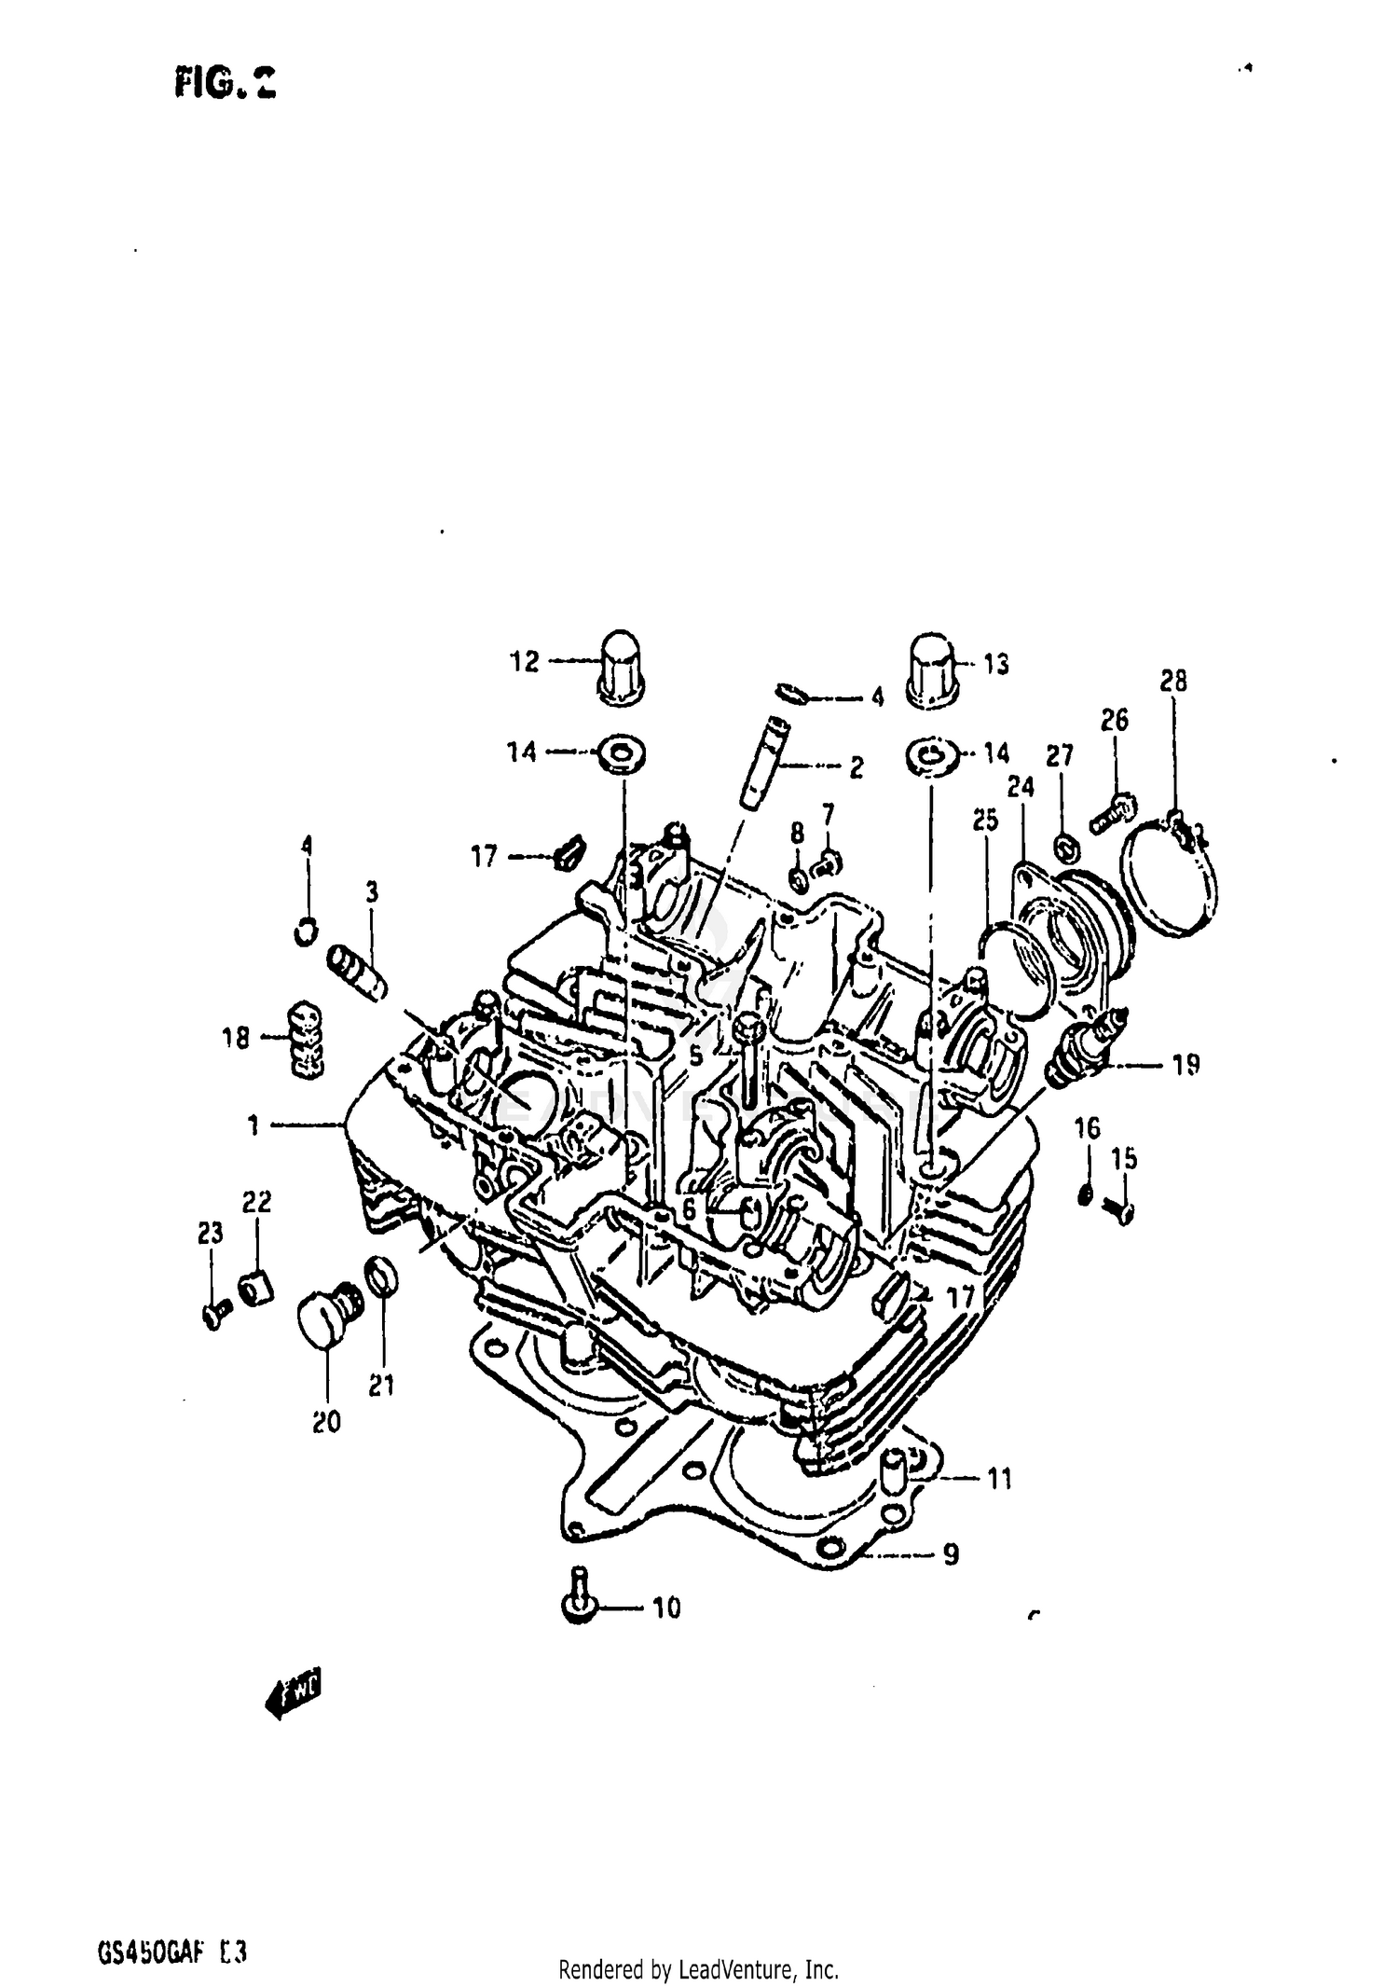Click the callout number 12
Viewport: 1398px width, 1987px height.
(x=524, y=662)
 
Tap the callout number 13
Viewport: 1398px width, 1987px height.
(x=995, y=665)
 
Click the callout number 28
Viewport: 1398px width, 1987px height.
(x=1173, y=682)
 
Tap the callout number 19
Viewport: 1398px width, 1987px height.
(x=1186, y=1065)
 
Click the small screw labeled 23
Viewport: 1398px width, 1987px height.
(x=213, y=1314)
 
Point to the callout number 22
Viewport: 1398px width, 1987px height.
(x=257, y=1203)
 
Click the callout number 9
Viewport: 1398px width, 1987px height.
(x=950, y=1554)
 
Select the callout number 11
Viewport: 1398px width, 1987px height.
(x=999, y=1479)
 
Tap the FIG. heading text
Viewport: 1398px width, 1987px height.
(x=225, y=86)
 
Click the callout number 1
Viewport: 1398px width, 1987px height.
(x=253, y=1125)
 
